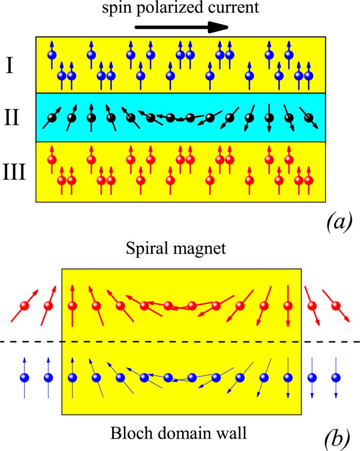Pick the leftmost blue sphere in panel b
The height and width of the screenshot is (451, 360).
coord(24,377)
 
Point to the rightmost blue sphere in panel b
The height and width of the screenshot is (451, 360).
coord(336,377)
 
